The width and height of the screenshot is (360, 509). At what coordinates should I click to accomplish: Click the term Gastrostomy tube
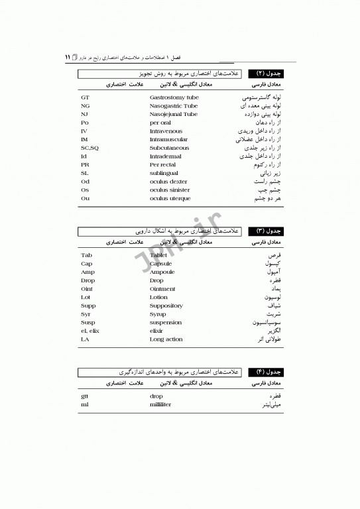click(x=174, y=97)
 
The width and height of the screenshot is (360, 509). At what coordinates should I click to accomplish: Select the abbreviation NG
click(x=86, y=106)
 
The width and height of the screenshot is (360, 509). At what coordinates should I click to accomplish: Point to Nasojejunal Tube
click(x=173, y=114)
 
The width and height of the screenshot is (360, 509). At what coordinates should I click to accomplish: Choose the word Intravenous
click(x=166, y=131)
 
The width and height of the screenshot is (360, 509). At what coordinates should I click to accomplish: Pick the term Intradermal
click(x=166, y=156)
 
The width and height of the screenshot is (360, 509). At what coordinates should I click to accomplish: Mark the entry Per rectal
click(x=163, y=164)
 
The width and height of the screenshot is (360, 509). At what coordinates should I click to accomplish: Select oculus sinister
click(x=169, y=190)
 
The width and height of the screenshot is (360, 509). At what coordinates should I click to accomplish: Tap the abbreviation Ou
click(x=85, y=198)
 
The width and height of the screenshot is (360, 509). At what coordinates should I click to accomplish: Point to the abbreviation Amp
click(x=88, y=272)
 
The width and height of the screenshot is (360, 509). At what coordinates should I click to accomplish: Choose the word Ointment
click(x=162, y=289)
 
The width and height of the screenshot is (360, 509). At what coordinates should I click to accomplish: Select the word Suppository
click(x=166, y=306)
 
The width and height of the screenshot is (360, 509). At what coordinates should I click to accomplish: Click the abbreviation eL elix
click(x=90, y=331)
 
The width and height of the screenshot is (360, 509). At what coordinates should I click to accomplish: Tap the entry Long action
click(x=166, y=339)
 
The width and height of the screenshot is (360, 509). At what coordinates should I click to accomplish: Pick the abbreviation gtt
click(x=84, y=396)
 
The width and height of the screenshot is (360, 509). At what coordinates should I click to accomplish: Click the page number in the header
click(x=68, y=58)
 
